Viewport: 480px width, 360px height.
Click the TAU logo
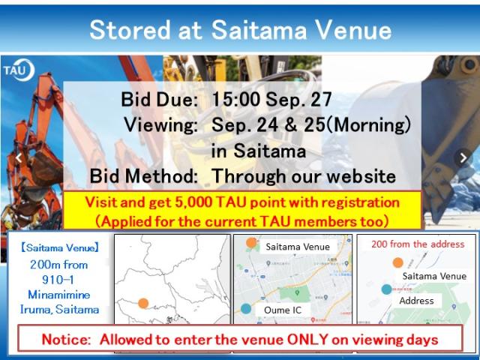pos(19,70)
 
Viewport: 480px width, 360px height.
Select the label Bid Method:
pos(143,176)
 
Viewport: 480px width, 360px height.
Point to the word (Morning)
pos(368,125)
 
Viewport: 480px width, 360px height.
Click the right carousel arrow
pos(463,158)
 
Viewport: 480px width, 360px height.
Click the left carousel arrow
pos(18,158)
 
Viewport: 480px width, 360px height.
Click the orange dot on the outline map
pos(143,303)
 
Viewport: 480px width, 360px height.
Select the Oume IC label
pos(283,310)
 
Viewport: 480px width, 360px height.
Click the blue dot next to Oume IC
pos(246,308)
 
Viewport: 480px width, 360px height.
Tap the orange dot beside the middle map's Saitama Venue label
pos(251,243)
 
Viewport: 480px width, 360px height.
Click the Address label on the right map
pos(416,301)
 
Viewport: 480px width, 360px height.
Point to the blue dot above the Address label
pos(387,289)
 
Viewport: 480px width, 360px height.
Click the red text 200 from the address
pos(418,244)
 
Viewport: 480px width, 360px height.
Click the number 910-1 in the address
pos(58,280)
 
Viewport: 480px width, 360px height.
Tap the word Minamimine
pos(59,295)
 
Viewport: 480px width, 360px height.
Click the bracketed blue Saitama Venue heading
pos(60,247)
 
